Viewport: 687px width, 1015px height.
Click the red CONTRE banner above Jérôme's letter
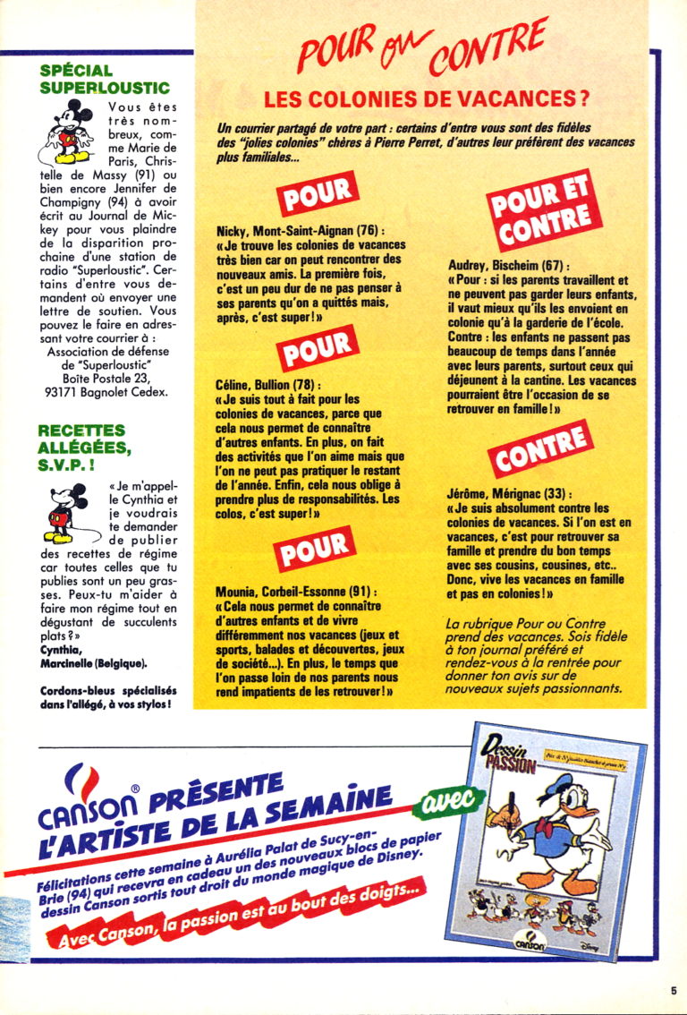(x=539, y=450)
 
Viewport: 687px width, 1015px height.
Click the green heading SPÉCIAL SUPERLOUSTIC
(x=105, y=79)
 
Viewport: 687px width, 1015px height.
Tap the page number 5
(x=672, y=990)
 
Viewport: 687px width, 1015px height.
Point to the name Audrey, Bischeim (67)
(x=507, y=266)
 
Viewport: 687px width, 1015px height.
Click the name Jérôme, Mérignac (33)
(x=509, y=493)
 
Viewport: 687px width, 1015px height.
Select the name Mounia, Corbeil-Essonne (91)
(x=296, y=593)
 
